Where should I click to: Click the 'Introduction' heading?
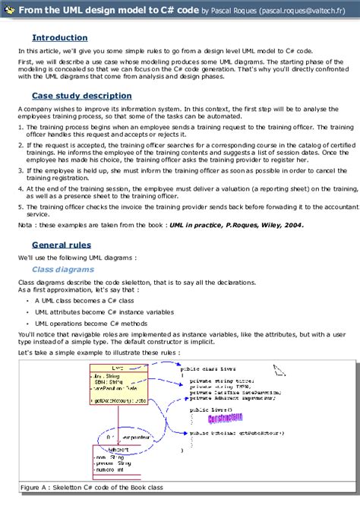pyautogui.click(x=60, y=37)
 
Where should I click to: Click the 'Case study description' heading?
pyautogui.click(x=81, y=96)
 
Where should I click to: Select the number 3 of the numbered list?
pyautogui.click(x=20, y=169)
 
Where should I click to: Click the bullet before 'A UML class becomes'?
pyautogui.click(x=27, y=299)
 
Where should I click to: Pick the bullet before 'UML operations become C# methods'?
pyautogui.click(x=27, y=322)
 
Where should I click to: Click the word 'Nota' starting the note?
pyautogui.click(x=25, y=204)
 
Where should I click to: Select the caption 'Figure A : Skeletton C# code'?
pyautogui.click(x=92, y=488)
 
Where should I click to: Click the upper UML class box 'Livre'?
pyautogui.click(x=119, y=385)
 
